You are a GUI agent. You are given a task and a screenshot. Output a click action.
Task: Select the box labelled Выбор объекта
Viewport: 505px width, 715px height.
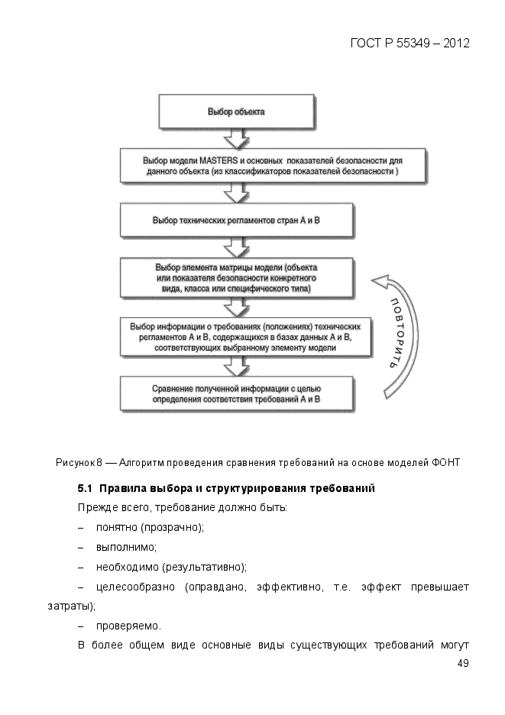pyautogui.click(x=236, y=112)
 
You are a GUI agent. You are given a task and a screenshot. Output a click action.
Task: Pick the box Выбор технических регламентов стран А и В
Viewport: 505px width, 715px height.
pyautogui.click(x=236, y=220)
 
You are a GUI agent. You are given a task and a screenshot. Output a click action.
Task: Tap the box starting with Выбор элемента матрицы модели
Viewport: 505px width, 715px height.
pyautogui.click(x=236, y=279)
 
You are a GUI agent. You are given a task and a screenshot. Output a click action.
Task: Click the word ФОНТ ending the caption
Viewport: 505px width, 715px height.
pyautogui.click(x=447, y=463)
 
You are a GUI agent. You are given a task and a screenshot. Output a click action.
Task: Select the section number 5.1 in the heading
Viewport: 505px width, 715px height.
pyautogui.click(x=85, y=488)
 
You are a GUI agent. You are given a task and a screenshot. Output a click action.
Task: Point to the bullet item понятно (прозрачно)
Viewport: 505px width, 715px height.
pyautogui.click(x=150, y=528)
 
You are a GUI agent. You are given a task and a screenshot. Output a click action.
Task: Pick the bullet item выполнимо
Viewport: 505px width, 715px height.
pyautogui.click(x=125, y=548)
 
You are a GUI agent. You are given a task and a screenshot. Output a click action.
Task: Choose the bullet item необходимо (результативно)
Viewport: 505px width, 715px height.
pyautogui.click(x=170, y=568)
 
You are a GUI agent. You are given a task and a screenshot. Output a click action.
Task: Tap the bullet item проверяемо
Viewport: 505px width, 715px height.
pyautogui.click(x=128, y=626)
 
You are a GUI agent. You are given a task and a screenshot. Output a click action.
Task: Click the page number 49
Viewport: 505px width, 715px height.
pyautogui.click(x=462, y=663)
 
